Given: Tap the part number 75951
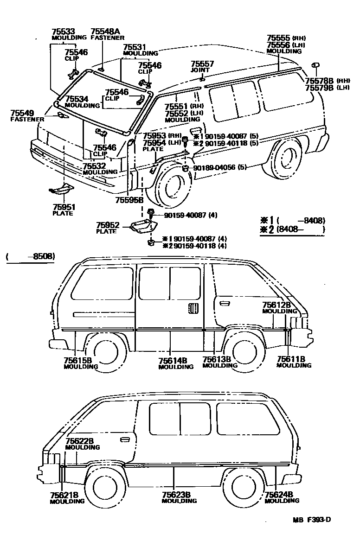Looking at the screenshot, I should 63,207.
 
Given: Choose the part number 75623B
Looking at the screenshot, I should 176,495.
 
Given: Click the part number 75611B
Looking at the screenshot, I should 291,359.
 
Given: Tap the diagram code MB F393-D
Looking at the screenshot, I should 311,520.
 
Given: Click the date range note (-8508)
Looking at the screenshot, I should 30,256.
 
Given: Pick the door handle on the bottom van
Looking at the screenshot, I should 125,439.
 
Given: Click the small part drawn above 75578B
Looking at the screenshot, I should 316,65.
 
